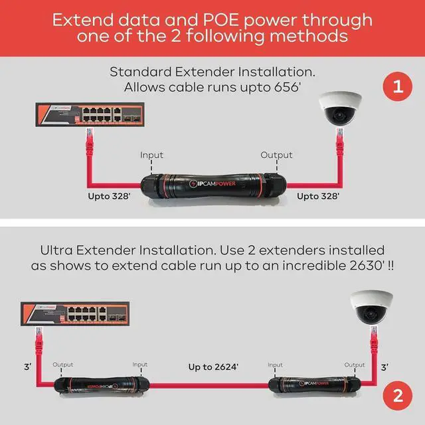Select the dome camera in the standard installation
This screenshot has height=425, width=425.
340,109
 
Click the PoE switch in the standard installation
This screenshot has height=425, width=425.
78,115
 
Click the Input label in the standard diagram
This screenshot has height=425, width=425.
151,155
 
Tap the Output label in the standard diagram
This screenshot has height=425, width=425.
276,155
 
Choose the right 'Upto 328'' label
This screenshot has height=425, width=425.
318,196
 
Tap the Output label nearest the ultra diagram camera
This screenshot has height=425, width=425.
355,365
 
